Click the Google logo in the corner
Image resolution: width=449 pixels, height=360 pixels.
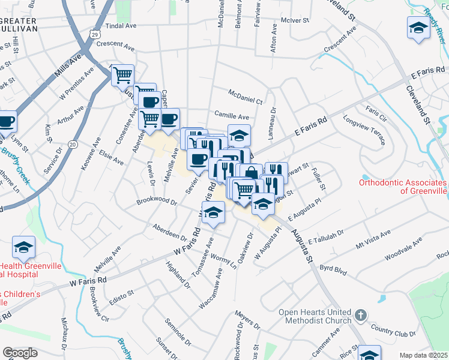20,353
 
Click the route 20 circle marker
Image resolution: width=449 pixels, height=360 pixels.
73,144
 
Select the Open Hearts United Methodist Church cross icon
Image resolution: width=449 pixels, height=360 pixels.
360,314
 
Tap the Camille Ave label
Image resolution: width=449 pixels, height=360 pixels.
232,116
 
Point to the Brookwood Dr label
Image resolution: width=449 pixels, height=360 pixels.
157,202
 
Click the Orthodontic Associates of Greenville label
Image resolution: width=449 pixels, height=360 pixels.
403,187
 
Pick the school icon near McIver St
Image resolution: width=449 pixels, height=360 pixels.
418,28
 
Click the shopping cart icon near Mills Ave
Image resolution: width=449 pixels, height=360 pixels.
122,75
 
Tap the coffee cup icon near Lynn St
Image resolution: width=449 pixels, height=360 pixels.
6,122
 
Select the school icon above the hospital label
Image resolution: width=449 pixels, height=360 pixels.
23,247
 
